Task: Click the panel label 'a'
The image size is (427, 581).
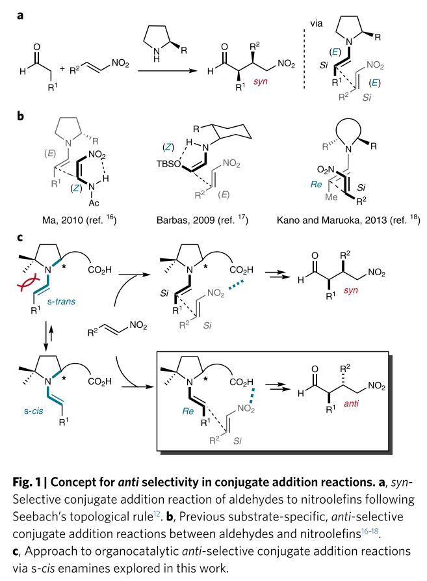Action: pos(19,14)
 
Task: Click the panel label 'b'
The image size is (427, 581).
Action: pos(20,116)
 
